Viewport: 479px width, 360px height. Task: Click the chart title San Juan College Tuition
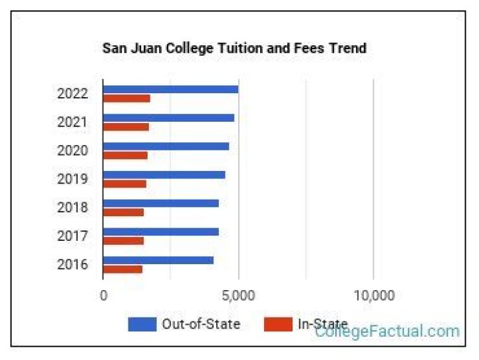(x=234, y=49)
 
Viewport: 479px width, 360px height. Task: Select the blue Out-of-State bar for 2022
(x=170, y=89)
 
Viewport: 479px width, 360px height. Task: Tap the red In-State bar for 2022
(x=126, y=98)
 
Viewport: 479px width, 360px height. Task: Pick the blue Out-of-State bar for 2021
(x=168, y=118)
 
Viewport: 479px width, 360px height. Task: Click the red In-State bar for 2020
(x=125, y=156)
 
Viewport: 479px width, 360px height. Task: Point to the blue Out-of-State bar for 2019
(x=164, y=175)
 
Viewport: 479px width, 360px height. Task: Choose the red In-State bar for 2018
(x=123, y=212)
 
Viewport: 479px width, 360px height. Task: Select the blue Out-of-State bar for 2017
(x=160, y=232)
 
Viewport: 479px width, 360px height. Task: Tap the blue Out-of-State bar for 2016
(x=158, y=260)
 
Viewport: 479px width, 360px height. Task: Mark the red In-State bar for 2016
(x=122, y=270)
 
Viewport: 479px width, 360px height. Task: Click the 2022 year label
(x=73, y=94)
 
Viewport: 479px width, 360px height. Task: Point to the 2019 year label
(x=73, y=180)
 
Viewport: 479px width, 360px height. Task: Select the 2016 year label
(x=73, y=265)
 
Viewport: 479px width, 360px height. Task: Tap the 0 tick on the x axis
(x=104, y=295)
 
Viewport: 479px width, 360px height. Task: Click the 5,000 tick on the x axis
(x=238, y=295)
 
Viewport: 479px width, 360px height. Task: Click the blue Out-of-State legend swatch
(x=142, y=325)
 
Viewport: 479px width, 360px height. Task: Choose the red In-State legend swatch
(x=278, y=325)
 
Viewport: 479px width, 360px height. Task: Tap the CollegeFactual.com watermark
(x=387, y=331)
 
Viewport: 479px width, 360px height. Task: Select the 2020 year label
(x=73, y=151)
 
